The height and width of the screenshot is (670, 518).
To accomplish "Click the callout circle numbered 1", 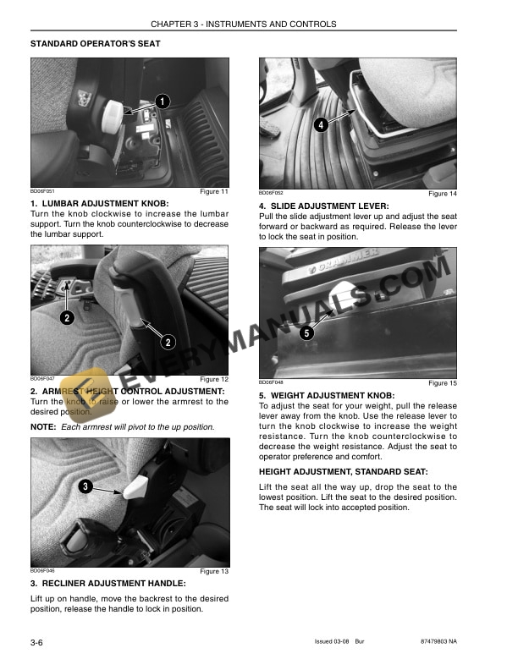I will [x=163, y=102].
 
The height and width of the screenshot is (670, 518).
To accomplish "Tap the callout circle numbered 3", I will [x=85, y=486].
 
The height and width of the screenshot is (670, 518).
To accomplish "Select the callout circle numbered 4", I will [x=321, y=125].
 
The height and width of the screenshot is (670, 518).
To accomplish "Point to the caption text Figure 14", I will [x=443, y=194].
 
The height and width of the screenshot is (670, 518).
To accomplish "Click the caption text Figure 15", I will [x=443, y=383].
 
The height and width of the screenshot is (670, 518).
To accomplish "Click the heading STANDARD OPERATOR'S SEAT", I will [x=96, y=42].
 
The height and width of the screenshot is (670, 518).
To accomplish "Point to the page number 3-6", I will [x=37, y=645].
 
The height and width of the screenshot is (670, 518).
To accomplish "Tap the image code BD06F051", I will [x=41, y=192].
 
